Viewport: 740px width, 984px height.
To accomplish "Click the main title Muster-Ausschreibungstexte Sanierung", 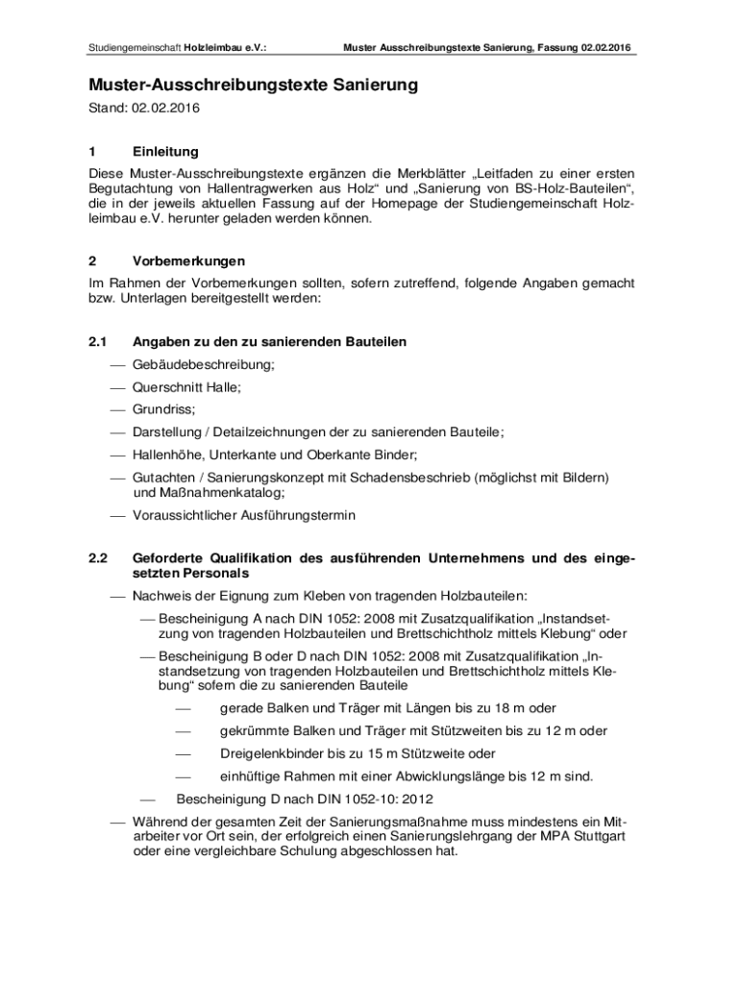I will pos(254,86).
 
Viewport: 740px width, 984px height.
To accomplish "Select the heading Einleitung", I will pos(165,152).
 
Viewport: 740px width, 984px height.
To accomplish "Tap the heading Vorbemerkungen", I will pos(188,261).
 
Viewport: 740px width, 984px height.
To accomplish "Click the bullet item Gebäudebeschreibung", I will pos(204,365).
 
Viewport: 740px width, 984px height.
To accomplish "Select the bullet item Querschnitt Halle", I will pos(186,387).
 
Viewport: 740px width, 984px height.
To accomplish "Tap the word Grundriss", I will pos(163,409).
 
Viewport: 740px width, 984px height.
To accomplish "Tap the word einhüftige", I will pos(252,776).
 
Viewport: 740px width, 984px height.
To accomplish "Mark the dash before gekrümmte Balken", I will pos(183,731).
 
